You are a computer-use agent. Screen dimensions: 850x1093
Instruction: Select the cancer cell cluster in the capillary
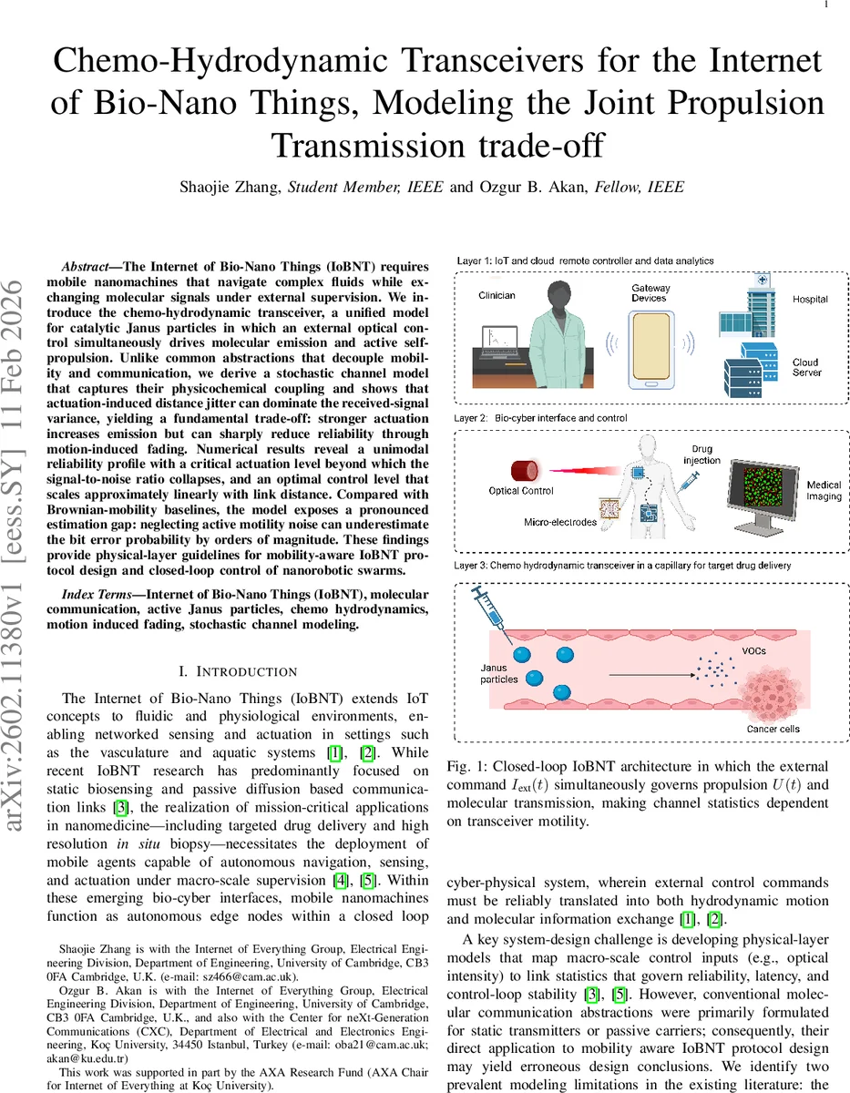coord(771,692)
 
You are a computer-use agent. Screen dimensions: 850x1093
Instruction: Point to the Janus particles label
coord(499,673)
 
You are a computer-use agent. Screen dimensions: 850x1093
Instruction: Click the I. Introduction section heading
coord(239,671)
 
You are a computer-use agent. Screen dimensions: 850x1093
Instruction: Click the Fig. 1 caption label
coord(467,766)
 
